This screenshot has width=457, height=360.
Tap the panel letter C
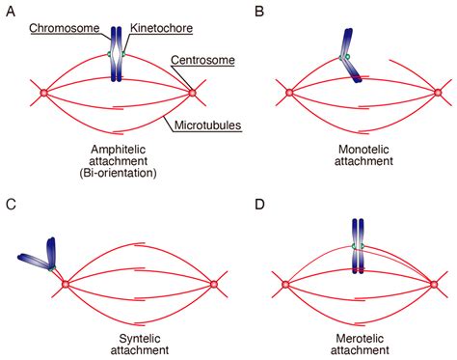click(x=13, y=204)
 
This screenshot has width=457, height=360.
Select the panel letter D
click(x=257, y=204)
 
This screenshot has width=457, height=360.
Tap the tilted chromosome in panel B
click(x=351, y=58)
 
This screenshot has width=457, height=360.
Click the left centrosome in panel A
click(x=43, y=93)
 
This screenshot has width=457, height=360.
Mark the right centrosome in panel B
click(x=439, y=93)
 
